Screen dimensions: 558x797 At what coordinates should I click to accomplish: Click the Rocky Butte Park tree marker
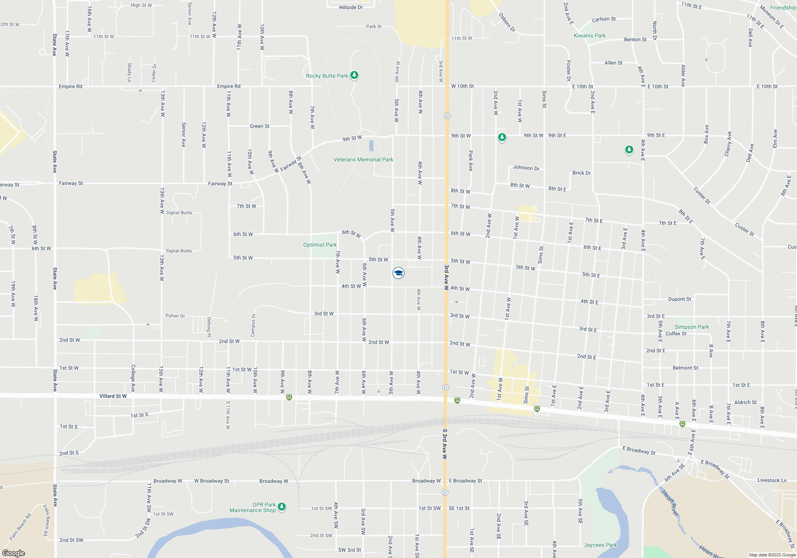click(354, 75)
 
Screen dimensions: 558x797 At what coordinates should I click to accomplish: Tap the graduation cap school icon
click(398, 273)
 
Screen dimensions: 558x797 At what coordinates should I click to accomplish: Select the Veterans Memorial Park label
click(363, 160)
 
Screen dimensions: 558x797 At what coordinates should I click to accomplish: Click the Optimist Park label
click(320, 245)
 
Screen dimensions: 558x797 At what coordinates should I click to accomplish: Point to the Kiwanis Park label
click(589, 36)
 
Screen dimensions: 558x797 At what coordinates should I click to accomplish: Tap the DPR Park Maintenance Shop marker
click(282, 507)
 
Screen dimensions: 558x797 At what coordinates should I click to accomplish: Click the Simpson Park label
click(691, 327)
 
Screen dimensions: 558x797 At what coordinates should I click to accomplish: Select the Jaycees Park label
click(600, 545)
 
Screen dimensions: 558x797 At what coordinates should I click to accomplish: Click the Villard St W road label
click(113, 396)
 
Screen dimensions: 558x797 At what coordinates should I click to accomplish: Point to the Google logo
click(14, 553)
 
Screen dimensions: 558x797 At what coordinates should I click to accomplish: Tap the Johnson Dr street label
click(526, 168)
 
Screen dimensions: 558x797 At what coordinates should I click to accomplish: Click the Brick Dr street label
click(581, 173)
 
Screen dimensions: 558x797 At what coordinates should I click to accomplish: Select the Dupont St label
click(679, 299)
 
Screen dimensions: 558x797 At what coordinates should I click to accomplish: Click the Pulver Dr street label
click(175, 316)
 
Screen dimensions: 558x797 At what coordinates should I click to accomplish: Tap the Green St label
click(259, 126)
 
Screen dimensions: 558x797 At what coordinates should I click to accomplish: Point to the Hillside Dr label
click(351, 8)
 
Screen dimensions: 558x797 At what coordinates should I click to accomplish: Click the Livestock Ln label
click(772, 480)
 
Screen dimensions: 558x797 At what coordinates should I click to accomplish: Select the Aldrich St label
click(745, 403)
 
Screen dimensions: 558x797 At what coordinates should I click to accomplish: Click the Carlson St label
click(604, 19)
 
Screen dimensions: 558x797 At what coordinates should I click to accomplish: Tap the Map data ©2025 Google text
click(772, 555)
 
